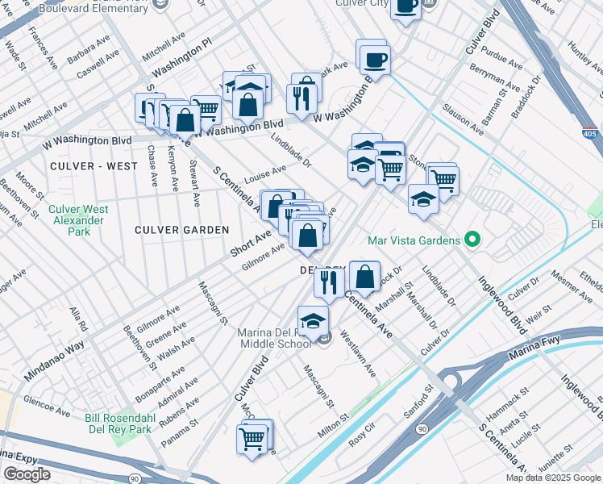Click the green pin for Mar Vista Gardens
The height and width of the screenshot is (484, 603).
(x=473, y=240)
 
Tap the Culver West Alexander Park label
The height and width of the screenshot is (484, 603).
(x=78, y=220)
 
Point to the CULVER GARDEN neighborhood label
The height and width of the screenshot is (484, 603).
(x=182, y=230)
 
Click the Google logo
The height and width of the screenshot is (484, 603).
(x=27, y=474)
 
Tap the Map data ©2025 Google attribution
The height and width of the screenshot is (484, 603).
(x=553, y=478)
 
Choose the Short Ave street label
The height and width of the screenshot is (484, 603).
(x=252, y=241)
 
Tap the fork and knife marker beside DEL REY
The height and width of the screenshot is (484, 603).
(x=329, y=282)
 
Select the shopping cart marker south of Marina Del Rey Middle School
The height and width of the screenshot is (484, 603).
(x=252, y=440)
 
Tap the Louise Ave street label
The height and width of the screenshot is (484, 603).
(x=267, y=174)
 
